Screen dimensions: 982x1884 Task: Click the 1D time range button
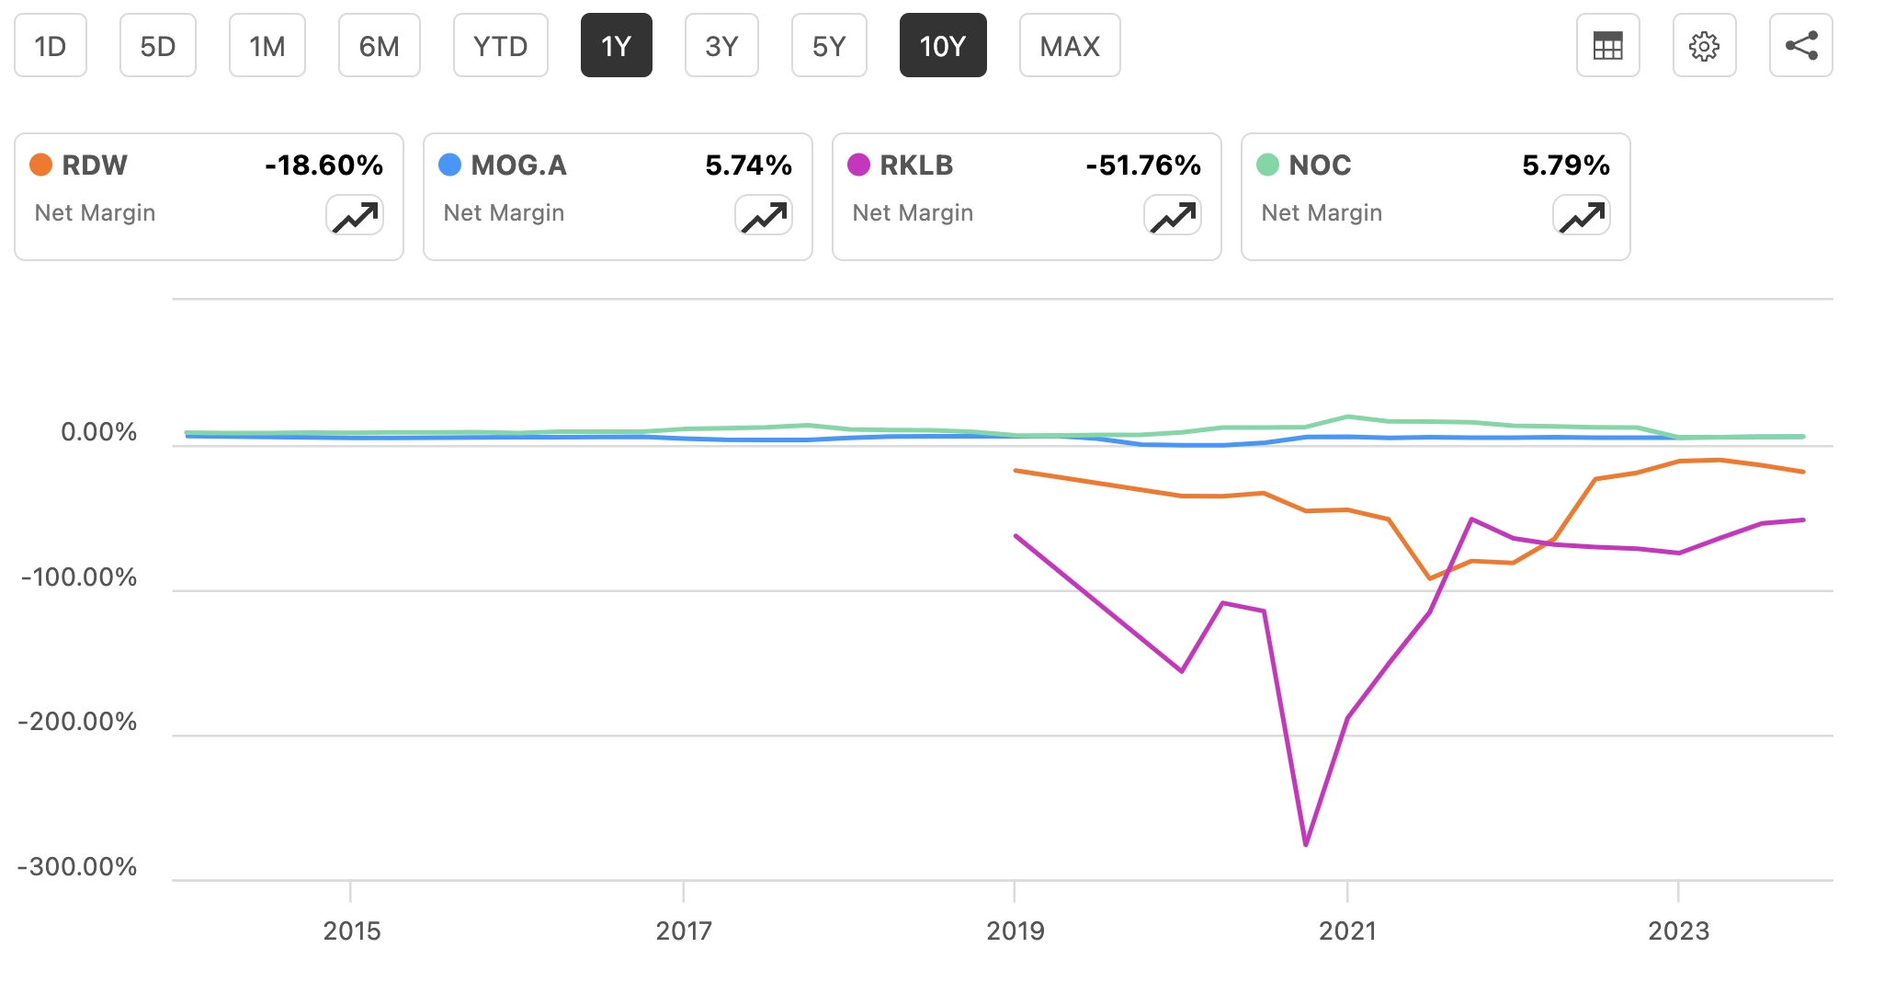pos(51,46)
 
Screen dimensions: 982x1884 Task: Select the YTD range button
pos(500,46)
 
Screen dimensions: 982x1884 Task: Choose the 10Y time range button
pos(942,46)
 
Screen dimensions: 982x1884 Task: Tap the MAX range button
pos(1069,46)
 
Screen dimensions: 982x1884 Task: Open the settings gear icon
pos(1704,46)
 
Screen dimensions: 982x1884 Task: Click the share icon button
pos(1800,46)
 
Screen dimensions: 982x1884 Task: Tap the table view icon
pos(1607,46)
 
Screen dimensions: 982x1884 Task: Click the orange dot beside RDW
pos(40,165)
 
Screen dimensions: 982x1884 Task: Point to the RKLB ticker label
pos(915,166)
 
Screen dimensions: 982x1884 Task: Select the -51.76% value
pos(1142,166)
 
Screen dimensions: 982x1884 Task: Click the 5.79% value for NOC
pos(1565,166)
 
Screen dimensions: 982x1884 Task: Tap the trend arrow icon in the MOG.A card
pos(764,217)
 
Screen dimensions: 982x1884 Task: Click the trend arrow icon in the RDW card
pos(355,217)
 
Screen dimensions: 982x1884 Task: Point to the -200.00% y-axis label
pos(77,722)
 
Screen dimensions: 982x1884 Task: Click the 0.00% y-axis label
pos(98,432)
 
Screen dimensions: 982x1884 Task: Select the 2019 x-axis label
pos(1015,931)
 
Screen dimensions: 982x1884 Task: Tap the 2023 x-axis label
pos(1678,931)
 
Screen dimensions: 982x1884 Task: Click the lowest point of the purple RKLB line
pos(1306,844)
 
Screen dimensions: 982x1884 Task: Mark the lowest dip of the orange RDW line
pos(1429,578)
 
